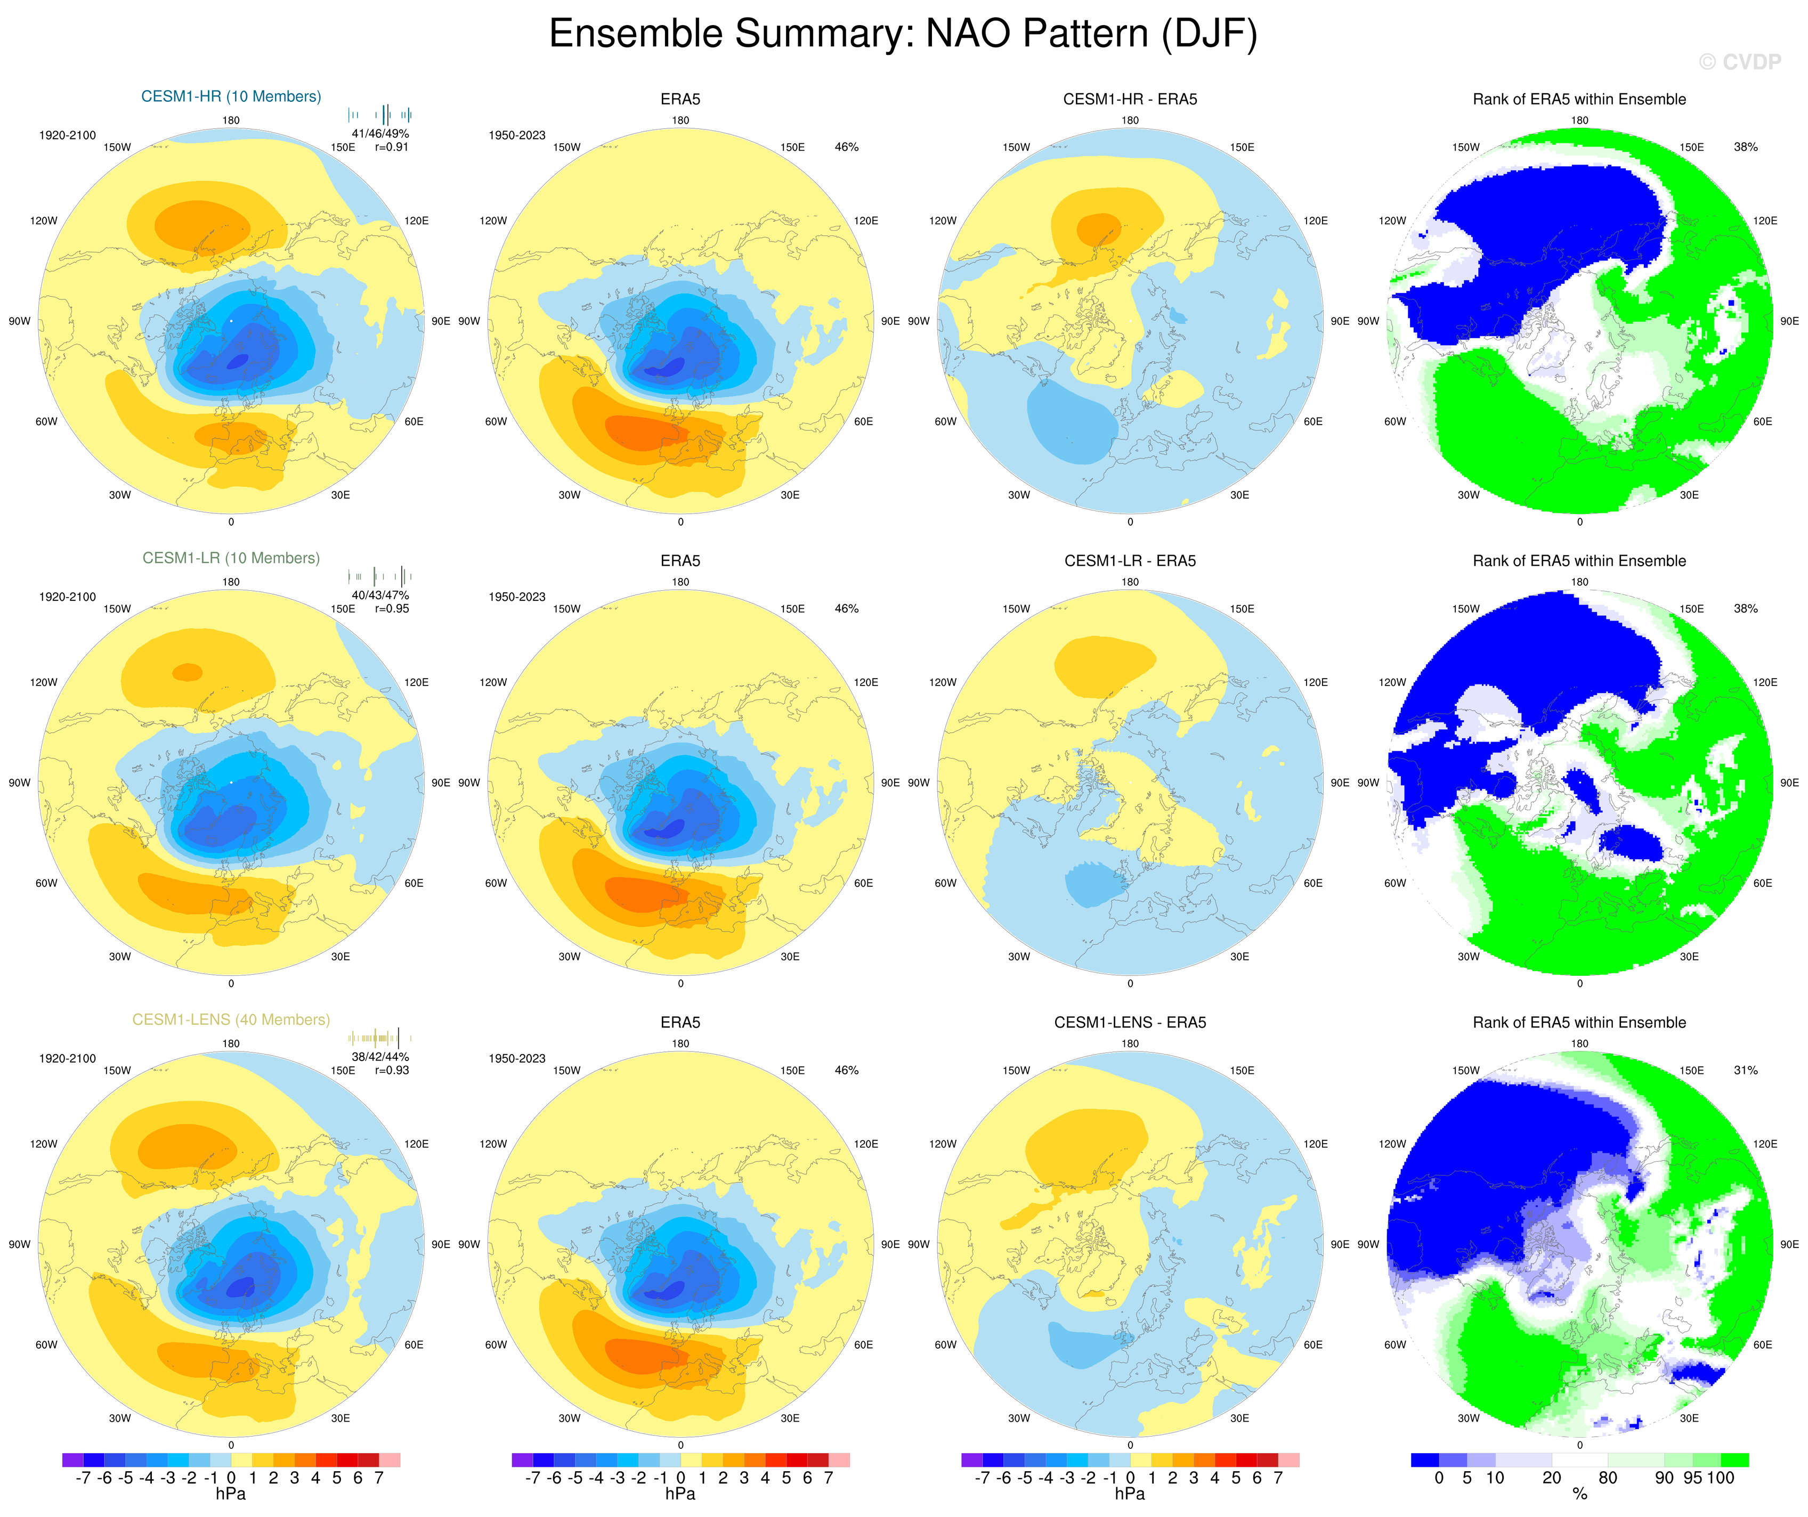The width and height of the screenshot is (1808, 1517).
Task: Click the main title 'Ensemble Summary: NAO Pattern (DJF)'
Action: tap(903, 35)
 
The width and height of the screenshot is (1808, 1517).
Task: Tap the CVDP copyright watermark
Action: tap(1739, 62)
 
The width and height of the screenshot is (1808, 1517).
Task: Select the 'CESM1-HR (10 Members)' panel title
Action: tap(231, 96)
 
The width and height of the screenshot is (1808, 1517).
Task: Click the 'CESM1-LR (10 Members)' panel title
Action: tap(231, 558)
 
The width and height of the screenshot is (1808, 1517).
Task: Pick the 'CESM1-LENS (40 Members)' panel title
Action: tap(231, 1020)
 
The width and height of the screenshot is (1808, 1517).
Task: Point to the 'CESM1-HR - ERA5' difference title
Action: tap(1130, 99)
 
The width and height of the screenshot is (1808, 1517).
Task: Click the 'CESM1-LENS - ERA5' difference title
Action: tap(1130, 1022)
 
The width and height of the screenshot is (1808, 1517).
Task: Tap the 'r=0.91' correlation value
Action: tap(392, 147)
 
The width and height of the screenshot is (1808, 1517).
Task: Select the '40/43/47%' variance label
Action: tap(380, 594)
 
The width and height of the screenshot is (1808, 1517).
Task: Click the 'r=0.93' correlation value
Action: tap(392, 1071)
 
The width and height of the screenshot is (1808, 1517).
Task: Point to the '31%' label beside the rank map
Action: tap(1745, 1071)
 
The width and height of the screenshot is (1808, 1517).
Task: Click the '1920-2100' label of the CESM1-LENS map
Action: tap(67, 1058)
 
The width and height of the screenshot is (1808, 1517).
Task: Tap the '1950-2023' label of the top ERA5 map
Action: tap(516, 135)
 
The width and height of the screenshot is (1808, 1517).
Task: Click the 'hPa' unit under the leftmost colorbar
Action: tap(231, 1494)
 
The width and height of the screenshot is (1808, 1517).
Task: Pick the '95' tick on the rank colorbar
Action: tap(1692, 1478)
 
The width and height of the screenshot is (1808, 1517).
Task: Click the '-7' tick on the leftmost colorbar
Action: tap(83, 1478)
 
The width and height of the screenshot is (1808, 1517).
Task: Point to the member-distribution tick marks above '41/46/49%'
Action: tap(380, 115)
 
